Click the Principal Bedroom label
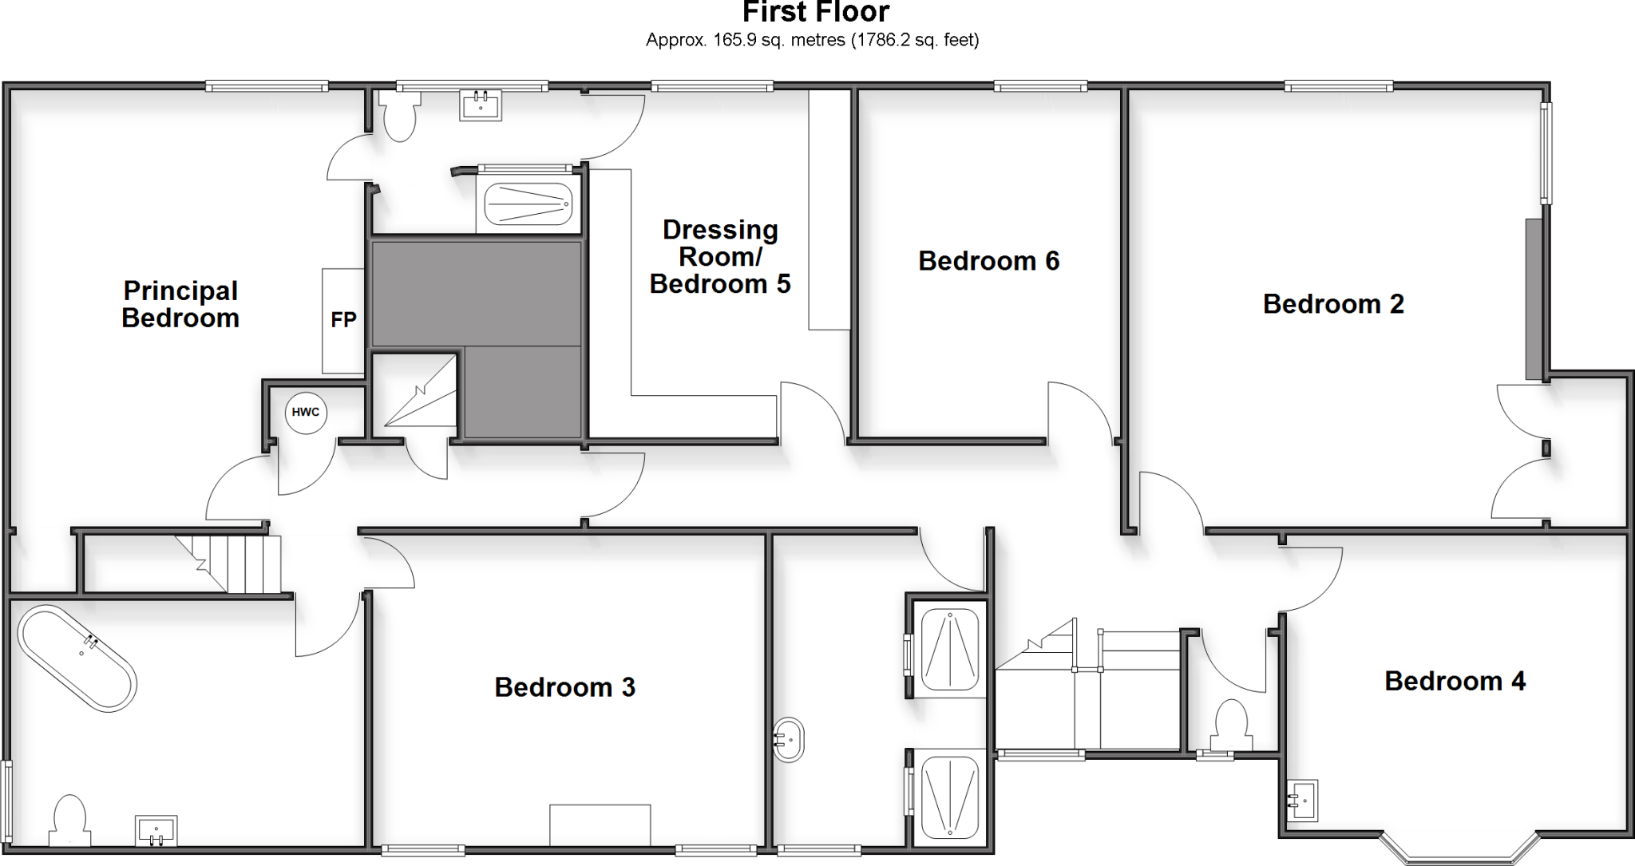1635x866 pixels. click(x=180, y=304)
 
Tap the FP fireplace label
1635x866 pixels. click(x=343, y=320)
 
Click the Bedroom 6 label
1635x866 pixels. click(x=988, y=261)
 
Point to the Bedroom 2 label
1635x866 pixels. click(x=1333, y=304)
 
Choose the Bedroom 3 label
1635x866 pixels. click(x=564, y=687)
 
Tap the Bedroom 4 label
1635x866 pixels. click(x=1455, y=681)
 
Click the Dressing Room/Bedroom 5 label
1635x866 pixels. click(x=719, y=257)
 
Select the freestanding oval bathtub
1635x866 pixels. click(x=77, y=658)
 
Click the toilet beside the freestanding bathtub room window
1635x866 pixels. click(x=69, y=820)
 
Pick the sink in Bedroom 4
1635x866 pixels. click(x=1302, y=800)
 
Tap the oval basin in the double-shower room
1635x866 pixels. click(x=789, y=741)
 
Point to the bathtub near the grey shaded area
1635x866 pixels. click(x=529, y=204)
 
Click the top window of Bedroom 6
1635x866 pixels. click(x=1039, y=86)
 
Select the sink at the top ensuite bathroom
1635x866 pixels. click(x=481, y=105)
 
